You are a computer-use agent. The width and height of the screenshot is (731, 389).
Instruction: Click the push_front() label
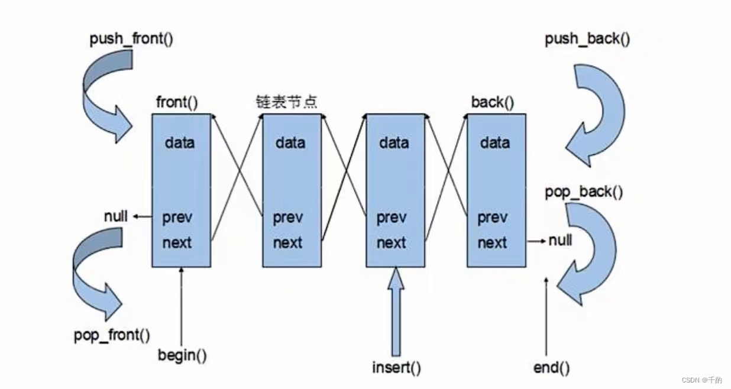[131, 40]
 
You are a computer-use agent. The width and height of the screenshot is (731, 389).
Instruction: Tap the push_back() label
[587, 40]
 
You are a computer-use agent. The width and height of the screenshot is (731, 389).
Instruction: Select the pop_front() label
[112, 335]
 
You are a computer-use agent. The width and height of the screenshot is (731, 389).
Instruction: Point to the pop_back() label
[584, 193]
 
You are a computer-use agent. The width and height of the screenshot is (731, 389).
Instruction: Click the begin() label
[183, 355]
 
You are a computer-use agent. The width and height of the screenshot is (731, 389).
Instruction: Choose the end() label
[551, 368]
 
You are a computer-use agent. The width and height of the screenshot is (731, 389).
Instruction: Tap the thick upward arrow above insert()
[396, 310]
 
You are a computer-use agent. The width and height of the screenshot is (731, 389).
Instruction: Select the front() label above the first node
[177, 102]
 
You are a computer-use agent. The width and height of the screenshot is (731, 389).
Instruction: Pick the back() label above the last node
[492, 102]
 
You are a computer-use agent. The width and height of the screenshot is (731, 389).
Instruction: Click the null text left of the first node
[115, 216]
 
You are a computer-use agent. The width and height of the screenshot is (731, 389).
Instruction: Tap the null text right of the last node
[560, 241]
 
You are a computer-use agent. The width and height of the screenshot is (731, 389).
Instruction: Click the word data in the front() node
[180, 142]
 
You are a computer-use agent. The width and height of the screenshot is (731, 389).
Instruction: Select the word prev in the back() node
[492, 218]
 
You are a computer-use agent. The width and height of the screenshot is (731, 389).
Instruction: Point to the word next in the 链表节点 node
[288, 242]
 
